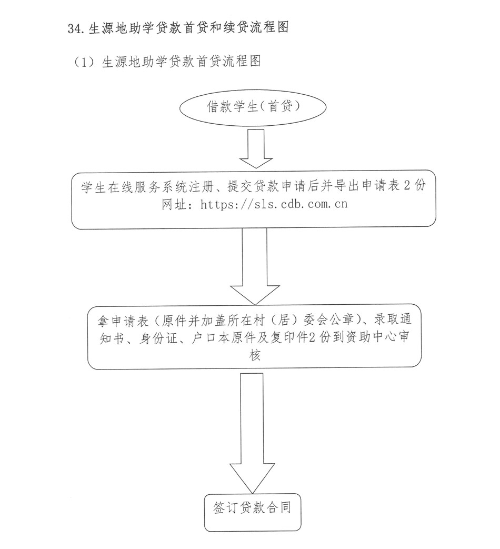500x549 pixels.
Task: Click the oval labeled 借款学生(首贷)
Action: tap(253, 108)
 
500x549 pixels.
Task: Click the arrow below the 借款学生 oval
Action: tap(256, 148)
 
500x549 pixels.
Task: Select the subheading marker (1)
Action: tap(84, 62)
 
